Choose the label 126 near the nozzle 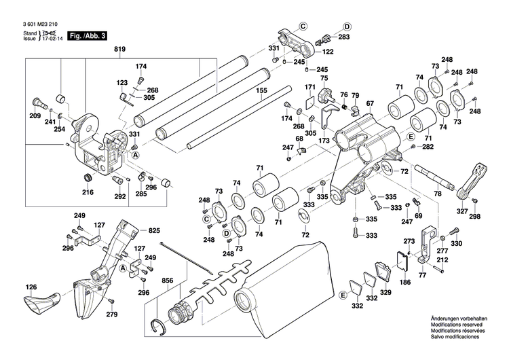(x=32, y=288)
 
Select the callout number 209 (x=35, y=116)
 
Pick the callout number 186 (x=405, y=281)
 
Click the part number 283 (x=345, y=37)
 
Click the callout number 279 (x=112, y=314)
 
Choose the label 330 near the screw (x=456, y=243)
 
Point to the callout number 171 (x=310, y=88)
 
